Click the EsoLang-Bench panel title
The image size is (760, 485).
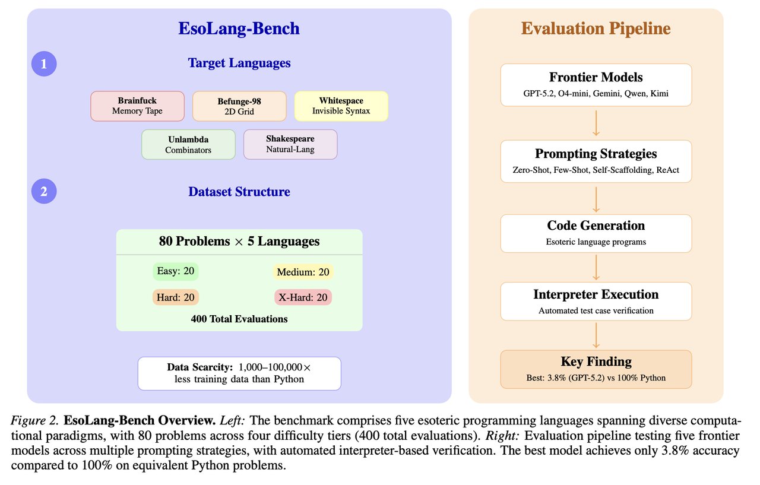pos(239,29)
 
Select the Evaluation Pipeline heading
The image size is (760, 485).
pos(596,28)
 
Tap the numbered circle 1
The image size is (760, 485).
pos(43,64)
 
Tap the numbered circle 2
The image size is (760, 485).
pos(43,192)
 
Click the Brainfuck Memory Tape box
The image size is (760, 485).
pos(137,106)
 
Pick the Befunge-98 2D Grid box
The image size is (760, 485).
pos(239,106)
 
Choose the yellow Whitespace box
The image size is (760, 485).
pos(341,106)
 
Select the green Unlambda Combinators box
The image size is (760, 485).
pos(188,144)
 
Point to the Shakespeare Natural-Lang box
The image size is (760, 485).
pos(290,144)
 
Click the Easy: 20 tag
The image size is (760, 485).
pos(176,271)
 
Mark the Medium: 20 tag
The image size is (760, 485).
pos(303,272)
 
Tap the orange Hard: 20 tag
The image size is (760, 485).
pos(176,297)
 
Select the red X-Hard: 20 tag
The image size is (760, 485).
pos(303,297)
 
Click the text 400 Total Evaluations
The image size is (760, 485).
pos(239,319)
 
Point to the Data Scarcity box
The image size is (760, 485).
pos(239,373)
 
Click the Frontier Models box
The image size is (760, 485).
pos(596,85)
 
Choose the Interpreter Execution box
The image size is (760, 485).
pos(596,301)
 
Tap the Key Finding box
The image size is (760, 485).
pos(596,369)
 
